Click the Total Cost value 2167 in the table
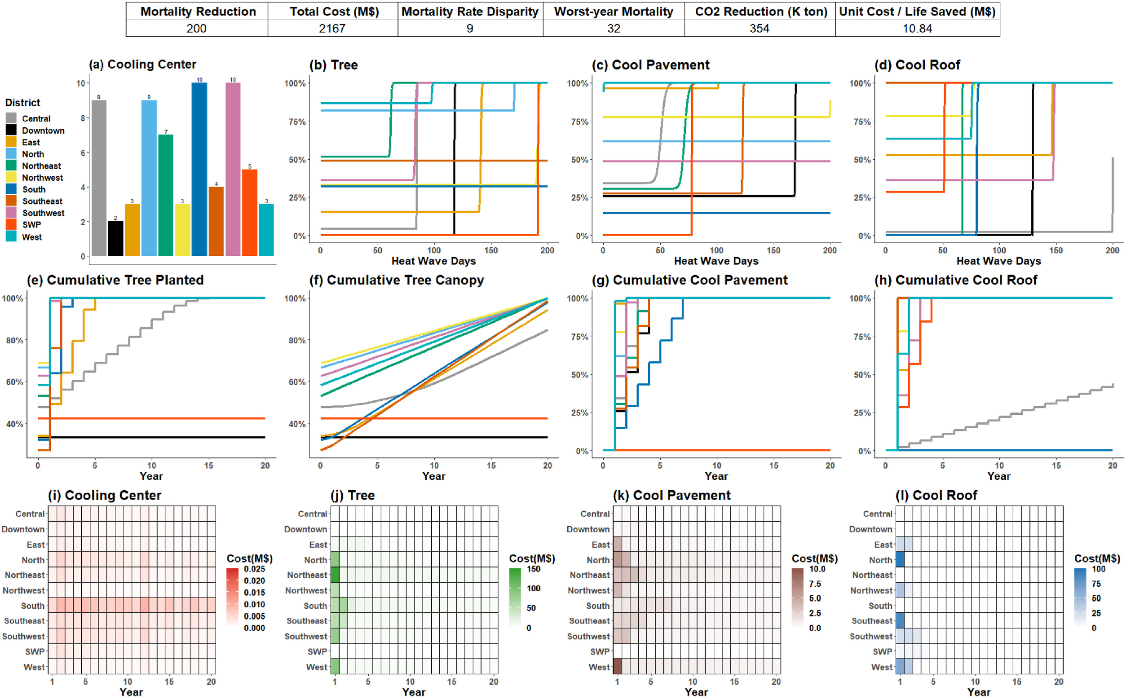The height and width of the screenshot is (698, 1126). pos(332,29)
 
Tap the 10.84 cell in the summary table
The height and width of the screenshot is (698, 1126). pos(917,29)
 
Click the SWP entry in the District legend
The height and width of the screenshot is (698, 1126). pos(31,225)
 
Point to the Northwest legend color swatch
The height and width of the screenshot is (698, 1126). pos(11,177)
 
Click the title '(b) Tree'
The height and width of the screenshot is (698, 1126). pos(333,65)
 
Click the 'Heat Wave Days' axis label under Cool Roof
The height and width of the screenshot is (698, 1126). pos(999,261)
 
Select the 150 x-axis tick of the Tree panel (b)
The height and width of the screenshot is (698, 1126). pos(491,250)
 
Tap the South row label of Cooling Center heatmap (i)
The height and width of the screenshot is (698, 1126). pos(33,606)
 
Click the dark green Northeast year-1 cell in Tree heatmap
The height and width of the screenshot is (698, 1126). pos(335,575)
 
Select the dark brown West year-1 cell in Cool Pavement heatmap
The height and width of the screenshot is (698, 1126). pos(618,667)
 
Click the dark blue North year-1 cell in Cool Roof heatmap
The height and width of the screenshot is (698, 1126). pos(900,560)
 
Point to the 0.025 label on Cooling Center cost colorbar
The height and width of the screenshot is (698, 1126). pos(254,569)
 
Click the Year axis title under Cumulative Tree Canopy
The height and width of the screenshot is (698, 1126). pos(433,476)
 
